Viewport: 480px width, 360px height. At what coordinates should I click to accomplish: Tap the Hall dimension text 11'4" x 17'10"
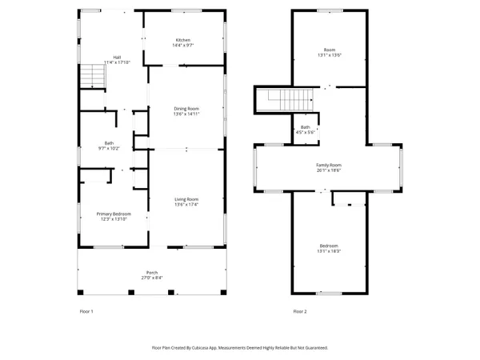[x=117, y=62]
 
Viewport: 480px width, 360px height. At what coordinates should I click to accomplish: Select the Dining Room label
[x=186, y=108]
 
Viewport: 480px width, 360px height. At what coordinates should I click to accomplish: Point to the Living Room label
[x=186, y=199]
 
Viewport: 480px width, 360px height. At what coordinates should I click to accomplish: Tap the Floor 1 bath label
[x=109, y=143]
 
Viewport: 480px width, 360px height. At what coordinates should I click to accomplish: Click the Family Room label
[x=329, y=165]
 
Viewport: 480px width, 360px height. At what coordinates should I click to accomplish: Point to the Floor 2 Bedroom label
[x=329, y=246]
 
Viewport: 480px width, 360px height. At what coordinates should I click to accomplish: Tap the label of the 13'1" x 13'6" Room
[x=329, y=50]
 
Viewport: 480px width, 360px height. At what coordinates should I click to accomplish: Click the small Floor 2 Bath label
[x=306, y=126]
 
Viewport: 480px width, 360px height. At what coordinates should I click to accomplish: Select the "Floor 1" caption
[x=86, y=310]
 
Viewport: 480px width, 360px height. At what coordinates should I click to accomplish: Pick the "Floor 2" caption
[x=299, y=310]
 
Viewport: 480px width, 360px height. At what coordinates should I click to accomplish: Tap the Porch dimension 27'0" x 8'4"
[x=151, y=278]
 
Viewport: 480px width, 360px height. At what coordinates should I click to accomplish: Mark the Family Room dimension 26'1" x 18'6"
[x=329, y=170]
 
